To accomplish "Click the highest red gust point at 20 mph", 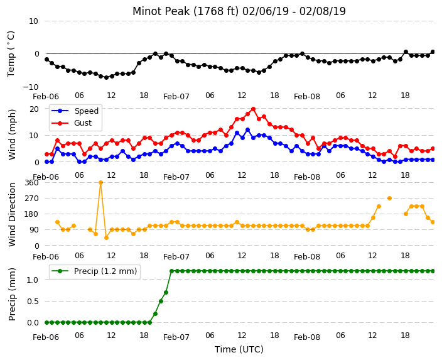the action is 253,109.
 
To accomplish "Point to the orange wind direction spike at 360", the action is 100,183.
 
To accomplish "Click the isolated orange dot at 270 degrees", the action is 389,199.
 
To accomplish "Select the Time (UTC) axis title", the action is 239,349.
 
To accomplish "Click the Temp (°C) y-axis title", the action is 11,54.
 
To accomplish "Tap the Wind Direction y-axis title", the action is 12,214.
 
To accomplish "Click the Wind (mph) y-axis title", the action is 12,134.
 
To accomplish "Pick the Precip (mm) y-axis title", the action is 12,294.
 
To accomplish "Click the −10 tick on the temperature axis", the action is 31,87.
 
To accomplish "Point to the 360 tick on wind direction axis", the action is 31,183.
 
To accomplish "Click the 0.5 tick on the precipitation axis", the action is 33,302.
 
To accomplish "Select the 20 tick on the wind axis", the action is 34,109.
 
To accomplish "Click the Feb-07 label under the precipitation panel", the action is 176,337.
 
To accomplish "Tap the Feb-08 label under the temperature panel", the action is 307,97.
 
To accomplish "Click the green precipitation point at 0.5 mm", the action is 161,302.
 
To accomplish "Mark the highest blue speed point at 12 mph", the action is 248,130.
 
